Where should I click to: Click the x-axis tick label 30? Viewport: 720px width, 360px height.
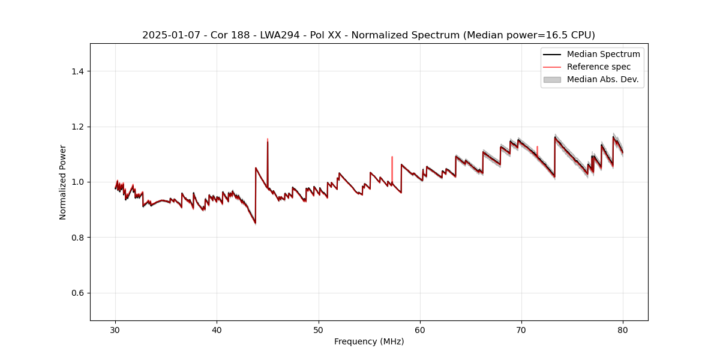(116, 330)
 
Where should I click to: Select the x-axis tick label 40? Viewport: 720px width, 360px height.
(217, 330)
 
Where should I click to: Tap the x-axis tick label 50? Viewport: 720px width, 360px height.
(319, 330)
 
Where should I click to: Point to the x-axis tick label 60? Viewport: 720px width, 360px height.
(420, 330)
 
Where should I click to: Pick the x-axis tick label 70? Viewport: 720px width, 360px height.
(521, 330)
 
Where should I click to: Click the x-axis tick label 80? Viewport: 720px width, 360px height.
(623, 330)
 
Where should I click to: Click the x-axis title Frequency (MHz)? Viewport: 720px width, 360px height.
(369, 341)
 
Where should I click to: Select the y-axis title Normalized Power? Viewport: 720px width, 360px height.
(63, 182)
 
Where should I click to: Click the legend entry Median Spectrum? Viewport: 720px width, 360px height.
(603, 54)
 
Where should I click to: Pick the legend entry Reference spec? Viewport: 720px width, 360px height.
(598, 67)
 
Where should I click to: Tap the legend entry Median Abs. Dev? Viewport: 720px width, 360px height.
(602, 79)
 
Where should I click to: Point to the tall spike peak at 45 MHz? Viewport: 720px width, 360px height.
(268, 140)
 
